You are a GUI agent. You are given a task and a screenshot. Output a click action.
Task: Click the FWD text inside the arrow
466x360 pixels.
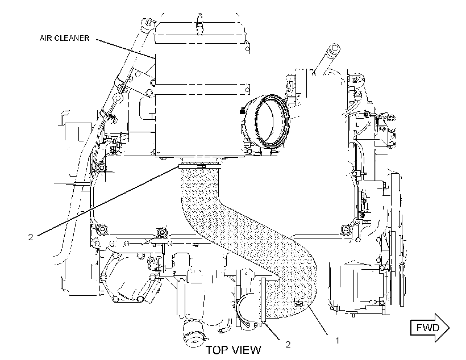pyautogui.click(x=428, y=328)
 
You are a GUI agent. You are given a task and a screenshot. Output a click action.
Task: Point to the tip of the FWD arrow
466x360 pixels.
pyautogui.click(x=449, y=328)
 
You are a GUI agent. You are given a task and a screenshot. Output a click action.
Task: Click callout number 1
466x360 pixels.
pyautogui.click(x=337, y=340)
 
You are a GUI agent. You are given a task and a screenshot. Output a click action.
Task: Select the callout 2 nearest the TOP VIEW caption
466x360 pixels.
pyautogui.click(x=288, y=344)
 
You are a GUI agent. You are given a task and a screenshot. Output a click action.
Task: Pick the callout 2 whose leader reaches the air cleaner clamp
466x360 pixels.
pyautogui.click(x=31, y=237)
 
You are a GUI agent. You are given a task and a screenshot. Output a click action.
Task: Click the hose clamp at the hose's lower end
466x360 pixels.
pyautogui.click(x=263, y=299)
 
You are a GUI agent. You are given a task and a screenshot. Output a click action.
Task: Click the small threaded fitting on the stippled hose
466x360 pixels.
pyautogui.click(x=298, y=303)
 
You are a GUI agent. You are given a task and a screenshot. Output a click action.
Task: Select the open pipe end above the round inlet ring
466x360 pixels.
pyautogui.click(x=334, y=49)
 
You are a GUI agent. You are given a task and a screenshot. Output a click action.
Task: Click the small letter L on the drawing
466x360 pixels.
pyautogui.click(x=357, y=125)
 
